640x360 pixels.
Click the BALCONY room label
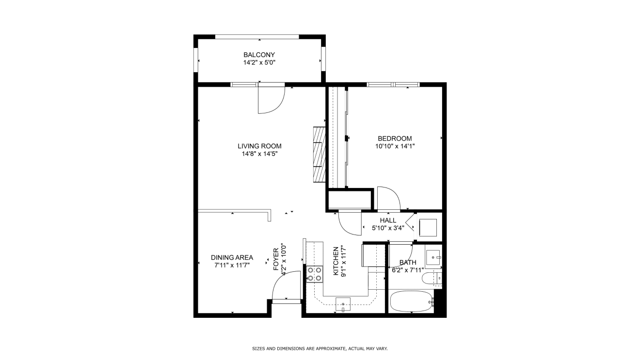click(x=259, y=55)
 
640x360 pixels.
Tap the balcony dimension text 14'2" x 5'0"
click(x=259, y=63)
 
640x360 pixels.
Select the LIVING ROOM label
click(x=259, y=146)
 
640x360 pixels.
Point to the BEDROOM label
click(x=395, y=139)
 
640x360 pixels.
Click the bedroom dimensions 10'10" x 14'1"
click(x=395, y=146)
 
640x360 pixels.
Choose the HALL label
click(x=388, y=220)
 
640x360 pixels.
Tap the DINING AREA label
click(x=232, y=257)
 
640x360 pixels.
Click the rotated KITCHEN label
click(x=336, y=261)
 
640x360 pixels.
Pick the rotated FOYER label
click(x=276, y=259)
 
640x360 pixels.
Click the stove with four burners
click(x=315, y=274)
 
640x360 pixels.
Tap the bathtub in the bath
click(x=412, y=301)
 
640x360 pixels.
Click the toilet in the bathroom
click(x=432, y=278)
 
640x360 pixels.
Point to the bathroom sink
click(x=433, y=258)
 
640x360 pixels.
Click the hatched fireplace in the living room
click(x=320, y=155)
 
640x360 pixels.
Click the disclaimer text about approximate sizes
click(x=320, y=348)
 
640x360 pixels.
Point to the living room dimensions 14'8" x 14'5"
click(x=259, y=154)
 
